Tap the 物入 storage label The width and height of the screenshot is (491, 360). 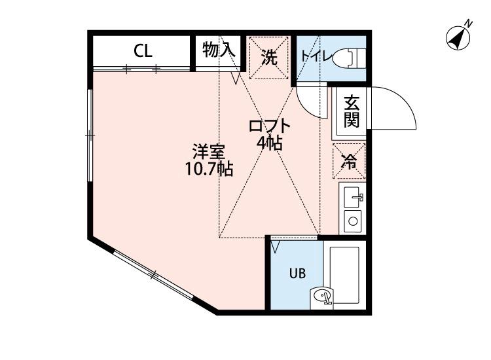coord(218,50)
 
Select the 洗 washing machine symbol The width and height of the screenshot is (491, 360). coord(268,56)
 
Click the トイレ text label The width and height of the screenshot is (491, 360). coord(318,56)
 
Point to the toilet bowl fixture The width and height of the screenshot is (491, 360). coord(351,57)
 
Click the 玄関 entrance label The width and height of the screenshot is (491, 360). coord(352,111)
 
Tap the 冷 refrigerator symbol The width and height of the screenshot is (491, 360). coord(350,161)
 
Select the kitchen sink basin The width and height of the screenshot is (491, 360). coord(353,195)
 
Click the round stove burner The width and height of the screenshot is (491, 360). coord(353,221)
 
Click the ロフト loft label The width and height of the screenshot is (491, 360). coord(268,126)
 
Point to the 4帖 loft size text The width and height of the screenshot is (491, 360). coord(269,143)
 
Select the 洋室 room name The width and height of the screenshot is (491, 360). coord(208,153)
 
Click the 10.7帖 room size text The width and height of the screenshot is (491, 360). coord(208,170)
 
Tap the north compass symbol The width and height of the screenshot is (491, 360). coord(459,37)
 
